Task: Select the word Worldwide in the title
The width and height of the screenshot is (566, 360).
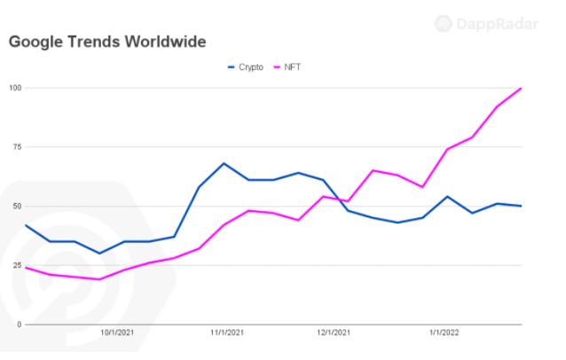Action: point(168,42)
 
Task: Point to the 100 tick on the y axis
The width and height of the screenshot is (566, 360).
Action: point(15,88)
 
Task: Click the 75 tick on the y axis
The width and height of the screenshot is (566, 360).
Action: point(17,146)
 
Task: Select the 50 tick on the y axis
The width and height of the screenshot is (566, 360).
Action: point(17,206)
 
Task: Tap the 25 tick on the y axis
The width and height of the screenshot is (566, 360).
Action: point(17,265)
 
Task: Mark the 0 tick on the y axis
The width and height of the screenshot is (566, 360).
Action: point(19,325)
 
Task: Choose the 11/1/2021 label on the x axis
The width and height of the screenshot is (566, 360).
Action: point(226,335)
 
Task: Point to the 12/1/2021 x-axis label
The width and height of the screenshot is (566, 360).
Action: point(334,335)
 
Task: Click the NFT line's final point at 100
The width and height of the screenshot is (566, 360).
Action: point(521,88)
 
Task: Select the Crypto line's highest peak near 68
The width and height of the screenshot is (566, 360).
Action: point(224,163)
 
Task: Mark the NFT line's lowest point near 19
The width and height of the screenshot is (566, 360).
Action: point(99,279)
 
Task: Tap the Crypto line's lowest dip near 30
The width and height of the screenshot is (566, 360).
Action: point(99,254)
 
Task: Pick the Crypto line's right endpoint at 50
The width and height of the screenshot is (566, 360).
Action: point(521,206)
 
